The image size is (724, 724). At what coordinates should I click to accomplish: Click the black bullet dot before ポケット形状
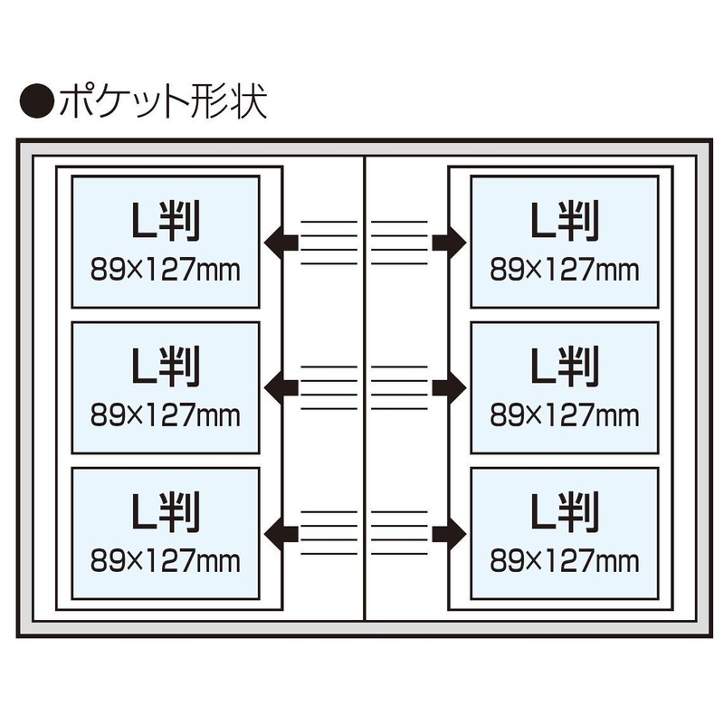pyautogui.click(x=37, y=100)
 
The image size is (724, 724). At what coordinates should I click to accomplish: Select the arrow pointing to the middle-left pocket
pyautogui.click(x=281, y=388)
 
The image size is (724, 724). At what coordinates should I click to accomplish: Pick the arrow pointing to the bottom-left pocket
pyautogui.click(x=281, y=533)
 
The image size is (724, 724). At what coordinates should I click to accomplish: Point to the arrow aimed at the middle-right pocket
pyautogui.click(x=449, y=388)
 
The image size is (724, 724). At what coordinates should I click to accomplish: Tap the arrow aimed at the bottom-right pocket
pyautogui.click(x=449, y=533)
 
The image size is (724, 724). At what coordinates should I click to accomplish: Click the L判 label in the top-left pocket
pyautogui.click(x=166, y=221)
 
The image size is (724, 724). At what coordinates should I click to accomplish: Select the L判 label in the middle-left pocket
pyautogui.click(x=166, y=367)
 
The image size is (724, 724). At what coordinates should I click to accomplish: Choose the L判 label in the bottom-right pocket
pyautogui.click(x=564, y=511)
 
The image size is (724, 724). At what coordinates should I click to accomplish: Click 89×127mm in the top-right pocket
pyautogui.click(x=564, y=270)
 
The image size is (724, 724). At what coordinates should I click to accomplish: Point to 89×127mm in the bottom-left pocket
pyautogui.click(x=166, y=560)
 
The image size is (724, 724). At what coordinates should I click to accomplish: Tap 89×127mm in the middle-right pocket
pyautogui.click(x=564, y=415)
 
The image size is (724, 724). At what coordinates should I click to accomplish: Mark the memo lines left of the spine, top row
pyautogui.click(x=329, y=243)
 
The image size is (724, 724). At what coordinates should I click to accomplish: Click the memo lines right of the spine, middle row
pyautogui.click(x=399, y=388)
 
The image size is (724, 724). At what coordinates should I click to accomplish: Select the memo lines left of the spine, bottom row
pyautogui.click(x=329, y=533)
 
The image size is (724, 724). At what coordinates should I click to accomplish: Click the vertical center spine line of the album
pyautogui.click(x=365, y=388)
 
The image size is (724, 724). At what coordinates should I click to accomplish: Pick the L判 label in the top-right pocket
pyautogui.click(x=564, y=221)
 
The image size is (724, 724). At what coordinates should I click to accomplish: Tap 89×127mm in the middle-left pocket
pyautogui.click(x=166, y=415)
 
